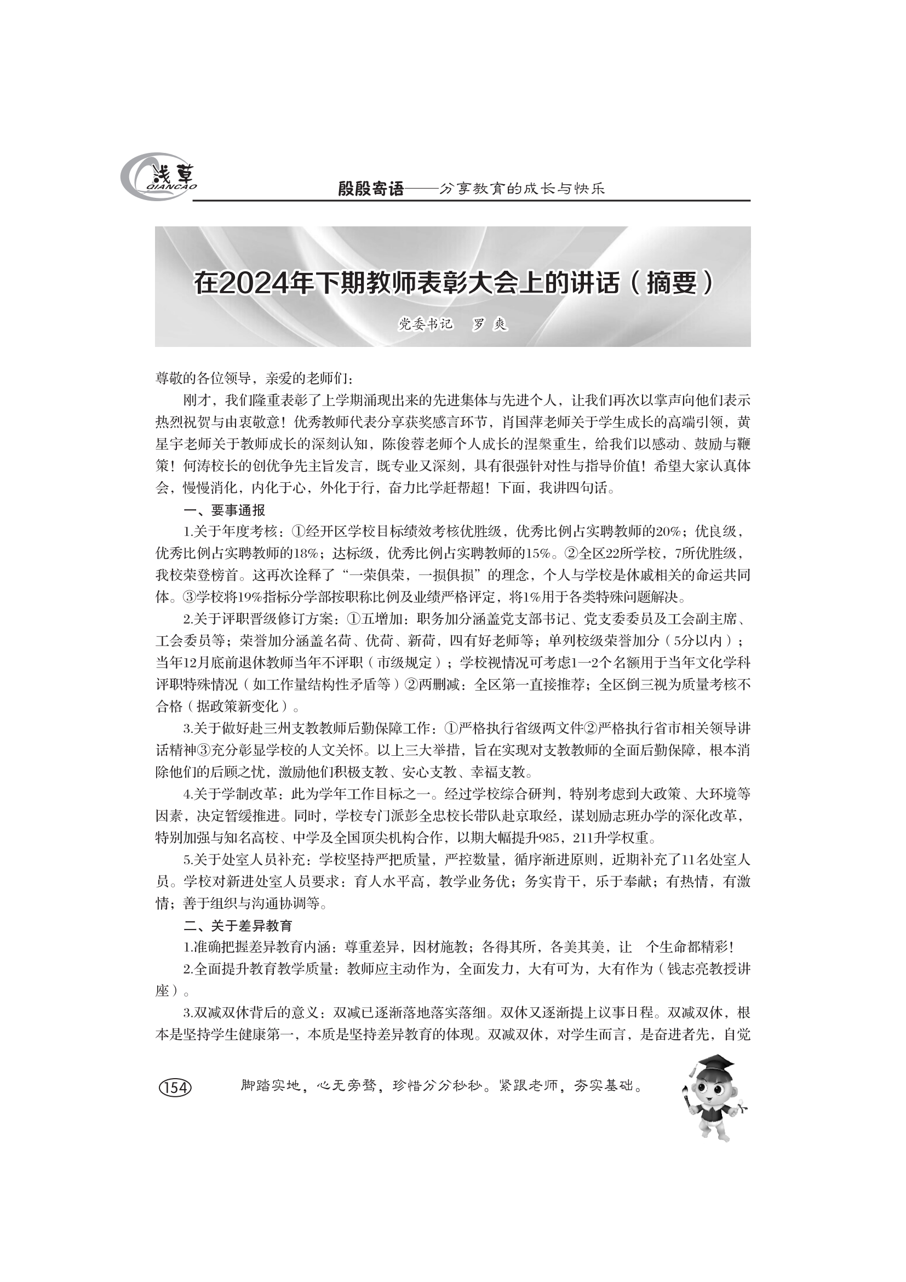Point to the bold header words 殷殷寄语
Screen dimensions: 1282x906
(370, 189)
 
